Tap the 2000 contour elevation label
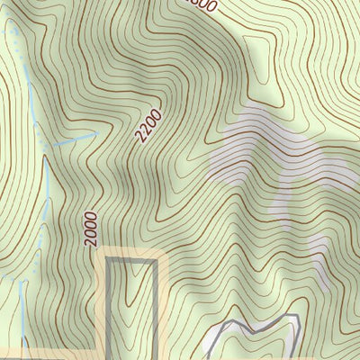coord(90,229)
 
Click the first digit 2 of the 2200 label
coord(141,139)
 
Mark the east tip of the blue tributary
coord(96,132)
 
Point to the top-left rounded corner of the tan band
coord(101,253)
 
